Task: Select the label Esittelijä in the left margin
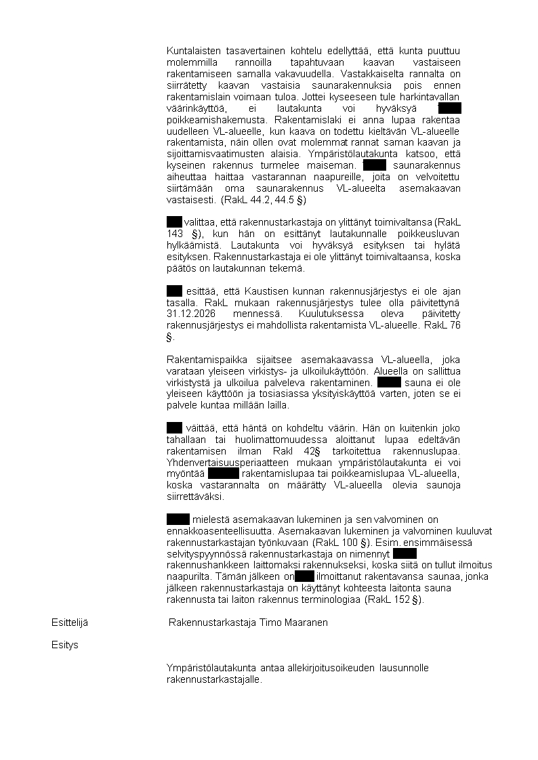pos(69,622)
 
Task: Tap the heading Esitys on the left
pos(65,645)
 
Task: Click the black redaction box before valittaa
pos(174,221)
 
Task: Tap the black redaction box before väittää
pos(174,427)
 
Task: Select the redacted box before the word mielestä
pos(178,519)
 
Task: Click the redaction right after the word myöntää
pos(224,473)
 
